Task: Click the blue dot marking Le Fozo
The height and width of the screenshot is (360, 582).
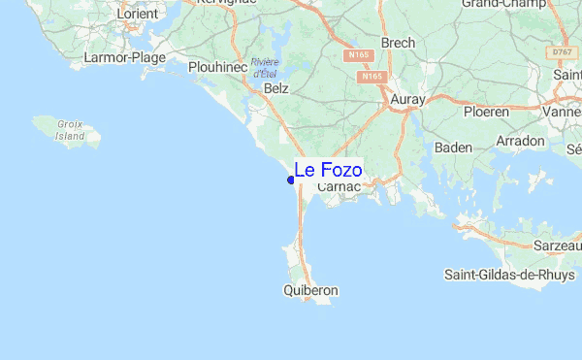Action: (291, 180)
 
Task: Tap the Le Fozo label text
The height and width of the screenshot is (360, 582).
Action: (328, 171)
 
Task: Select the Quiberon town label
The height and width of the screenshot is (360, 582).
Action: (310, 290)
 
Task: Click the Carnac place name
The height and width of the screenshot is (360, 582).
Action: (339, 186)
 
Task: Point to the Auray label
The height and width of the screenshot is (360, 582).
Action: (408, 98)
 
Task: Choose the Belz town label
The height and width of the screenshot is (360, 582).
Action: (276, 88)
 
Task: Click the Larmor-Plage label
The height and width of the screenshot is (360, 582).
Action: (125, 58)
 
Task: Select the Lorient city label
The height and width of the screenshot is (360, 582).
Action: (137, 14)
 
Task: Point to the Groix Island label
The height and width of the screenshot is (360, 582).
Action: (70, 130)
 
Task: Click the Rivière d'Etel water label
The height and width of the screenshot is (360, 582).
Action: (265, 68)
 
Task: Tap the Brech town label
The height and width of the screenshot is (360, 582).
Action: (399, 43)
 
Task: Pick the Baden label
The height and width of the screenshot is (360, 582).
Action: (453, 147)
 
